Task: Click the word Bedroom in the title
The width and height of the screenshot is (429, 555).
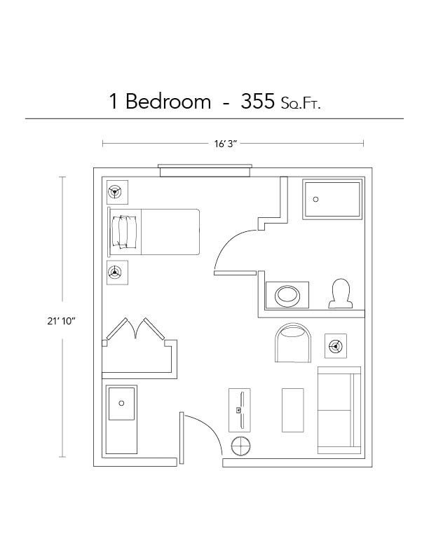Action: pyautogui.click(x=168, y=102)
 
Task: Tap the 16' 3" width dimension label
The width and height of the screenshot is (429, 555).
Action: pyautogui.click(x=226, y=144)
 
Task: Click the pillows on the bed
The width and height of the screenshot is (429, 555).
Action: pyautogui.click(x=125, y=231)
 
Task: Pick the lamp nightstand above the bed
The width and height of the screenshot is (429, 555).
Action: pyautogui.click(x=116, y=191)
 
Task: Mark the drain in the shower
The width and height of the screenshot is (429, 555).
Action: pyautogui.click(x=315, y=198)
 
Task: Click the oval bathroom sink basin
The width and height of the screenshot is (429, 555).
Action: pyautogui.click(x=287, y=294)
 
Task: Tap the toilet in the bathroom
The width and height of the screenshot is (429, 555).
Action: pyautogui.click(x=341, y=293)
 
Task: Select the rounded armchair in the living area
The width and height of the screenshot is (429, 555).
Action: pyautogui.click(x=293, y=343)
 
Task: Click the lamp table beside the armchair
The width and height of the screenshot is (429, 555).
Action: pyautogui.click(x=336, y=345)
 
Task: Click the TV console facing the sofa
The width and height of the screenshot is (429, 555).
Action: pyautogui.click(x=240, y=410)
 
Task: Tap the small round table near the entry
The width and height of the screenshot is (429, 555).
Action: pyautogui.click(x=241, y=446)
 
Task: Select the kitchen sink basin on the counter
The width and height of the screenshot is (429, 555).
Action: pyautogui.click(x=121, y=404)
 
